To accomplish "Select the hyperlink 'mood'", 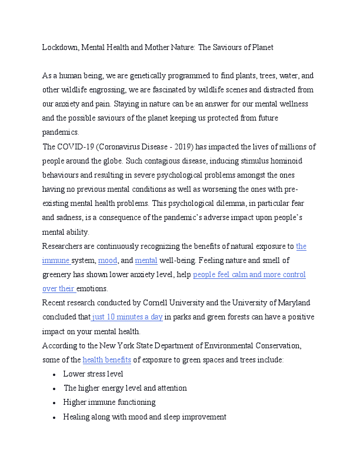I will tap(108, 261).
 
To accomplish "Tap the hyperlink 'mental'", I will tap(146, 261).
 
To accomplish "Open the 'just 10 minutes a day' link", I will tap(127, 317).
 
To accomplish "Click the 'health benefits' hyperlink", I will tap(106, 360).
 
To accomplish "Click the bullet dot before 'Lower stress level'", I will tap(54, 374).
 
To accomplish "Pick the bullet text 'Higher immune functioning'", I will tap(109, 402).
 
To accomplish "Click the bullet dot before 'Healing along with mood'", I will tap(54, 417).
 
